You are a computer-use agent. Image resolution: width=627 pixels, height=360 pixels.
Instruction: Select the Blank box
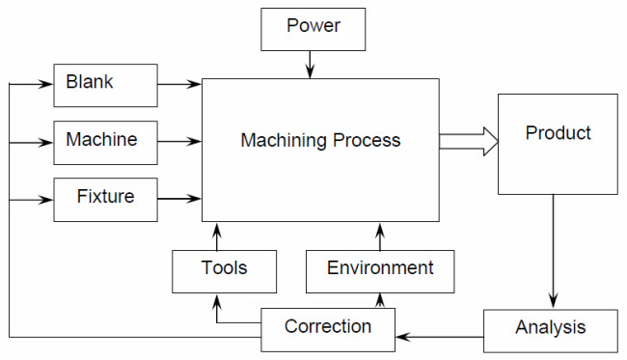tap(105, 85)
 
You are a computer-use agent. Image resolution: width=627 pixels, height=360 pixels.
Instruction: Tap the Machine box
tap(105, 142)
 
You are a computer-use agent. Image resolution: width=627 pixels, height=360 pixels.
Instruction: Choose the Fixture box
tap(105, 199)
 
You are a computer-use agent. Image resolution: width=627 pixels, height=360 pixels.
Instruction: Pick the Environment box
tap(380, 270)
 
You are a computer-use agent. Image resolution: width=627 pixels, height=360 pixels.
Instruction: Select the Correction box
tap(328, 328)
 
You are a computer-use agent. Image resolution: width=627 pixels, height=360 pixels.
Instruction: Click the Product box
tap(558, 144)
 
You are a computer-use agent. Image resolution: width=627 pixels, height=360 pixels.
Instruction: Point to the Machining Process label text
tap(319, 142)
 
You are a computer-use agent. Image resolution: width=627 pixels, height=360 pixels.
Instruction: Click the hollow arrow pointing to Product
tap(468, 143)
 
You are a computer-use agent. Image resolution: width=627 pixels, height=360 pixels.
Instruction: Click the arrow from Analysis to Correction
tap(439, 337)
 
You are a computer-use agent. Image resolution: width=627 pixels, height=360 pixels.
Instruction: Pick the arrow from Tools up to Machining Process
tap(216, 235)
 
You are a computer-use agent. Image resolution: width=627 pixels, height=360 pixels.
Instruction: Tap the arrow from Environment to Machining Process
tap(380, 235)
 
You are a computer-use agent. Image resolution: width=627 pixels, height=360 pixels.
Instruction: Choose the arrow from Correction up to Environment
tap(380, 301)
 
